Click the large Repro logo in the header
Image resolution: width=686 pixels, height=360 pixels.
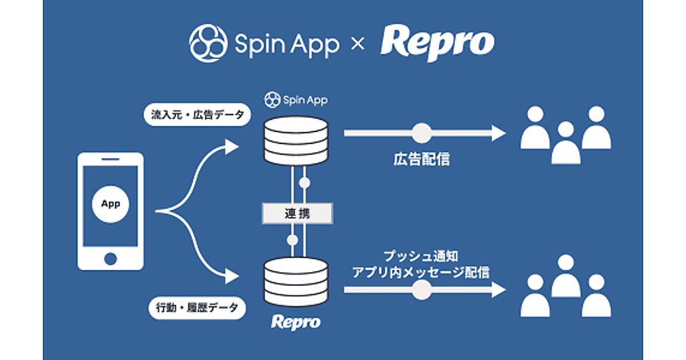click(x=437, y=43)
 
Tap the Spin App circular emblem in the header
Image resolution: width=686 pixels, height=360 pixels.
click(x=208, y=43)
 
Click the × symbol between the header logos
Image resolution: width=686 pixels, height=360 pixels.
click(x=357, y=44)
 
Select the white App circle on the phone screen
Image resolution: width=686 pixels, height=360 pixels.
click(x=110, y=204)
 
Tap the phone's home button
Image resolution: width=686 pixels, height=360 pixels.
click(x=110, y=258)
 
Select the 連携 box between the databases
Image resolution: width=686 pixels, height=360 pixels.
click(x=297, y=214)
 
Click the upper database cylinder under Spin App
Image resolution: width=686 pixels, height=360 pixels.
click(x=296, y=140)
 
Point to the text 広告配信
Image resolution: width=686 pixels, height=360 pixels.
click(x=421, y=159)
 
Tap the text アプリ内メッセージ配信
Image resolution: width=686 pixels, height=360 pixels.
click(x=421, y=273)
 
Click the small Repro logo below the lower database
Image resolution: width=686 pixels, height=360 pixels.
click(x=296, y=322)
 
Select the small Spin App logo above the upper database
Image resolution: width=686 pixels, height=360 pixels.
click(x=296, y=100)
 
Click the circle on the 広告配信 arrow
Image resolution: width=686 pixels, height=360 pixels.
click(x=422, y=133)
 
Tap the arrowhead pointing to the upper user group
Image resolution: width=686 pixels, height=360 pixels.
click(x=498, y=133)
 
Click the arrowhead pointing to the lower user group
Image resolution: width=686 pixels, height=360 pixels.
click(x=498, y=290)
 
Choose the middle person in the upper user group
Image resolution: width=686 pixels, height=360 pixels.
click(x=565, y=143)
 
